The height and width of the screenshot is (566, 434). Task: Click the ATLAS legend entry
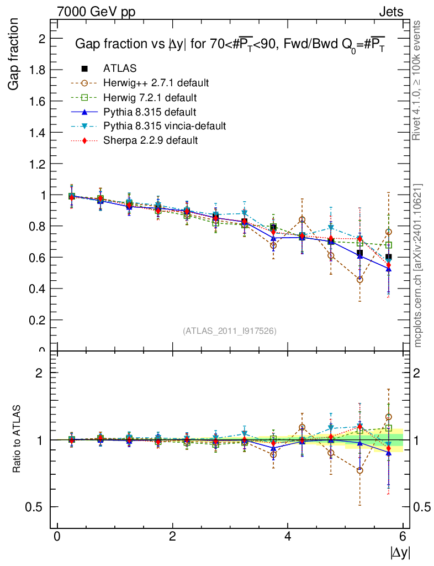[120, 69]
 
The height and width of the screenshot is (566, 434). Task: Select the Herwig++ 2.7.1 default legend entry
[155, 83]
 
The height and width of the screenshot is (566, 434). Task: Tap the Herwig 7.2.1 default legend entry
[150, 97]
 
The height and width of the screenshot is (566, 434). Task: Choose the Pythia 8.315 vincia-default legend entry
[164, 126]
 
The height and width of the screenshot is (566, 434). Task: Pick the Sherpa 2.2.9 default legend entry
[150, 140]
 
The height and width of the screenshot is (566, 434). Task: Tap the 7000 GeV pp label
[96, 12]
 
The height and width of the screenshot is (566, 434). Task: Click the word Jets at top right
[391, 12]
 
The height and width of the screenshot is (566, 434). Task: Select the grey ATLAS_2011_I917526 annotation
[230, 331]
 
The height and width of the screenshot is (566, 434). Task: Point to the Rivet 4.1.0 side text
[418, 80]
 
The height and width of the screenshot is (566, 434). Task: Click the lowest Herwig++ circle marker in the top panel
[360, 280]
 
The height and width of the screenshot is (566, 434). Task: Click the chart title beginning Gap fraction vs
[229, 44]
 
